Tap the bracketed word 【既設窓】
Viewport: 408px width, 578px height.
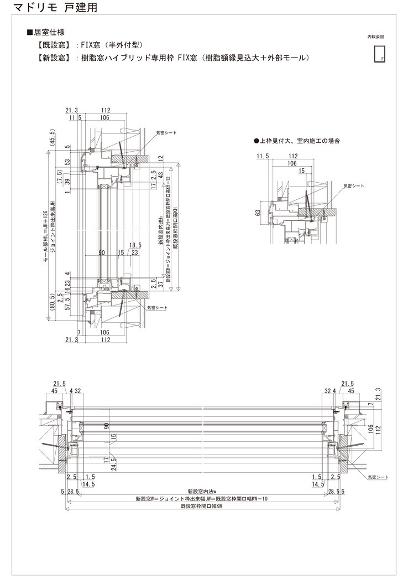pyautogui.click(x=53, y=45)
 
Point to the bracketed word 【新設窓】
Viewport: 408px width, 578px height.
pyautogui.click(x=53, y=57)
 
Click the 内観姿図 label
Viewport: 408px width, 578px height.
pyautogui.click(x=375, y=37)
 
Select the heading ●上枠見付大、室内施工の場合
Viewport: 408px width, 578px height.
pyautogui.click(x=296, y=141)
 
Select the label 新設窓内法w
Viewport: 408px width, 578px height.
pyautogui.click(x=201, y=491)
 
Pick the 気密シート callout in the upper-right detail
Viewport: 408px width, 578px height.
pyautogui.click(x=352, y=186)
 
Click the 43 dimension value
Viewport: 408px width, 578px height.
pyautogui.click(x=160, y=174)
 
